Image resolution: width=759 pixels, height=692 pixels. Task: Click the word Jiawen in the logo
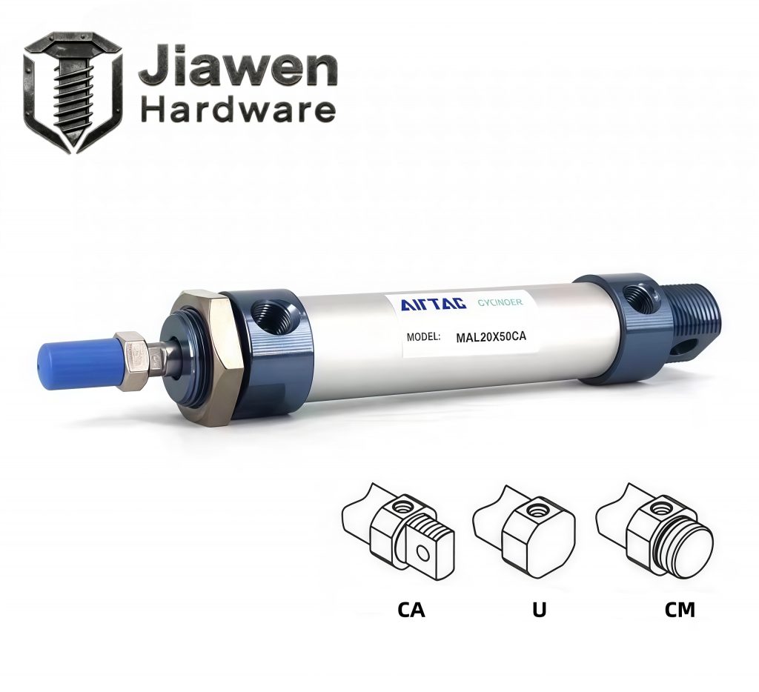(238, 68)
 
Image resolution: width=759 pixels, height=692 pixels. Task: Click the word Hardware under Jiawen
(238, 110)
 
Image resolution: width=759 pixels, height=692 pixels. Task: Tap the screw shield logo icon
(73, 93)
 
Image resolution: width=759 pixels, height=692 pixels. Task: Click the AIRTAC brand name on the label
(433, 304)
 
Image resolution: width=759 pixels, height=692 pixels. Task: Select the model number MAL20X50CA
(491, 337)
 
